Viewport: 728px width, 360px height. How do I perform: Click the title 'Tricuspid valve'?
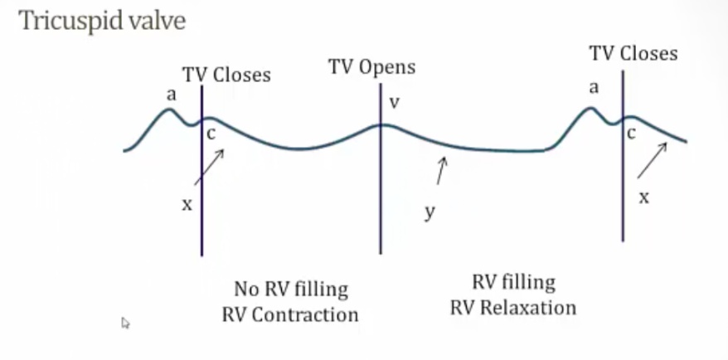(x=102, y=22)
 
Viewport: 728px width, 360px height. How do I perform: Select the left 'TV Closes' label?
(x=226, y=75)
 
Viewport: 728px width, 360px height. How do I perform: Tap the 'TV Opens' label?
(x=371, y=66)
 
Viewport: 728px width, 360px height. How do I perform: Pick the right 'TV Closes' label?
(x=633, y=54)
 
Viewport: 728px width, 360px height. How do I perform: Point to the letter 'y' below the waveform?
(x=430, y=212)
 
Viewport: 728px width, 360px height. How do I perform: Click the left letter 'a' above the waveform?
(x=171, y=95)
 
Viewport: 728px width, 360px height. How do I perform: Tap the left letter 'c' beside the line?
(x=211, y=134)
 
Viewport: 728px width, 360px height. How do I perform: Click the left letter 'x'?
(x=187, y=203)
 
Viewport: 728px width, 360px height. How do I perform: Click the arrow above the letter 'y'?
(x=440, y=172)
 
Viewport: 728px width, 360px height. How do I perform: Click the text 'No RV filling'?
(x=290, y=289)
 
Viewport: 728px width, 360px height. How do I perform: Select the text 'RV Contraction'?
(x=290, y=315)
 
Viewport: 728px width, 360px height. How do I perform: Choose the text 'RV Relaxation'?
(x=512, y=308)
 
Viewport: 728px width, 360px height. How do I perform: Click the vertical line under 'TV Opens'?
(x=381, y=191)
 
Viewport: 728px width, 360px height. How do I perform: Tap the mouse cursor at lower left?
(x=125, y=323)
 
